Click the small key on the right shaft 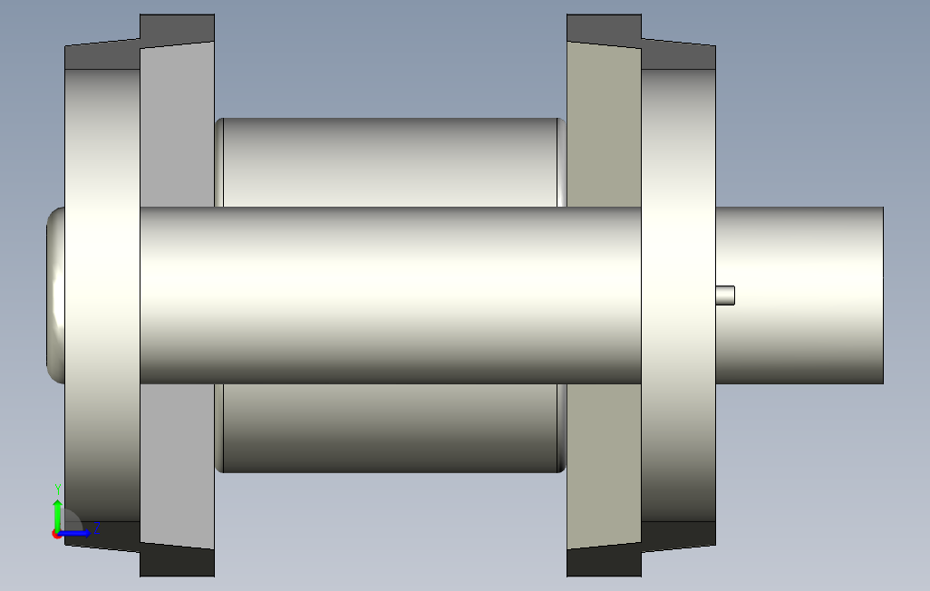(x=725, y=295)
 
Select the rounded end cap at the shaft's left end (x=56, y=295)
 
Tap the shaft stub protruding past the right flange (x=799, y=295)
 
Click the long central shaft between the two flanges (x=391, y=295)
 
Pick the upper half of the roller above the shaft (x=391, y=162)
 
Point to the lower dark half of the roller (x=391, y=429)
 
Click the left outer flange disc (x=102, y=295)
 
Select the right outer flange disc (x=679, y=295)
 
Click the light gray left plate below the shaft (x=178, y=466)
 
